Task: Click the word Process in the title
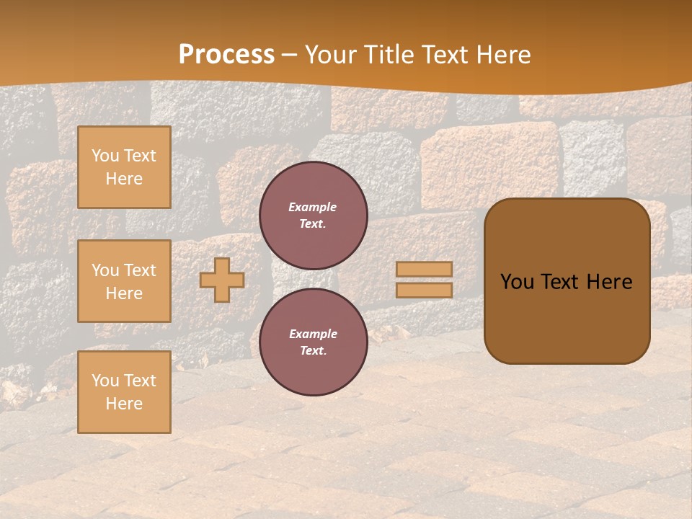226,55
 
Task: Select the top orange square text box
124,167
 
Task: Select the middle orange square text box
124,281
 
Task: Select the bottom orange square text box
124,391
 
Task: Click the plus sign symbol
222,280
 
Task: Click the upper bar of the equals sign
424,269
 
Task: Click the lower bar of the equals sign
424,290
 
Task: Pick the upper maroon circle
313,216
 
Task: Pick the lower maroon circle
313,342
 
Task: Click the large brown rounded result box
567,281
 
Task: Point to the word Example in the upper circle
312,207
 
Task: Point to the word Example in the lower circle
313,334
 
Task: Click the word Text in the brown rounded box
561,282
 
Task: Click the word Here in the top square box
124,179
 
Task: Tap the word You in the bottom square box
105,380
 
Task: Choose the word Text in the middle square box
140,270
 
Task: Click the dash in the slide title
290,56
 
